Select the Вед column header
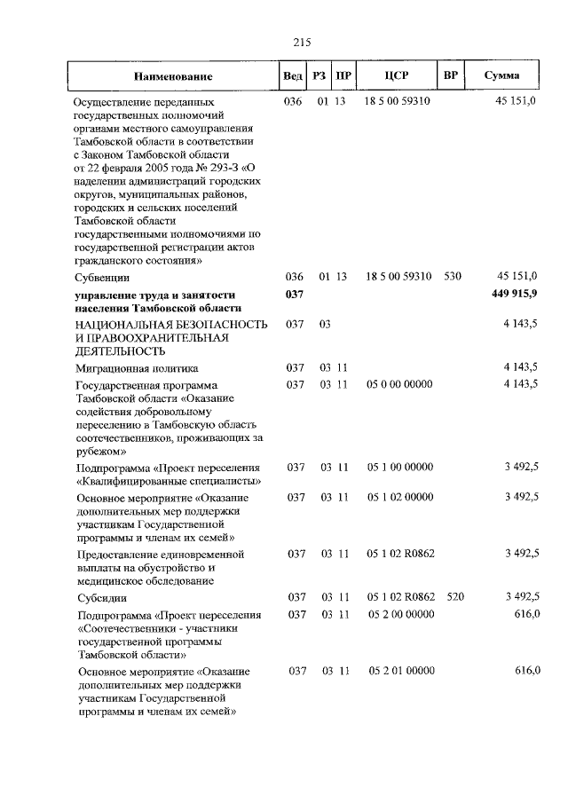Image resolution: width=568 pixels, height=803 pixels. click(291, 76)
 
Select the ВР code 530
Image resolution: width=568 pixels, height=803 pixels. click(453, 277)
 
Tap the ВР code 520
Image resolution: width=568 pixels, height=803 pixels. click(455, 597)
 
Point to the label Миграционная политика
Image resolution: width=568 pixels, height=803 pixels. click(136, 367)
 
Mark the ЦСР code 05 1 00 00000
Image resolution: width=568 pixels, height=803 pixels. click(398, 467)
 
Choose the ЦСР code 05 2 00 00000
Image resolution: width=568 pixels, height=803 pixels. click(398, 614)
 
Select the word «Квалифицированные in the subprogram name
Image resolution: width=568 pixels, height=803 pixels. click(132, 481)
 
